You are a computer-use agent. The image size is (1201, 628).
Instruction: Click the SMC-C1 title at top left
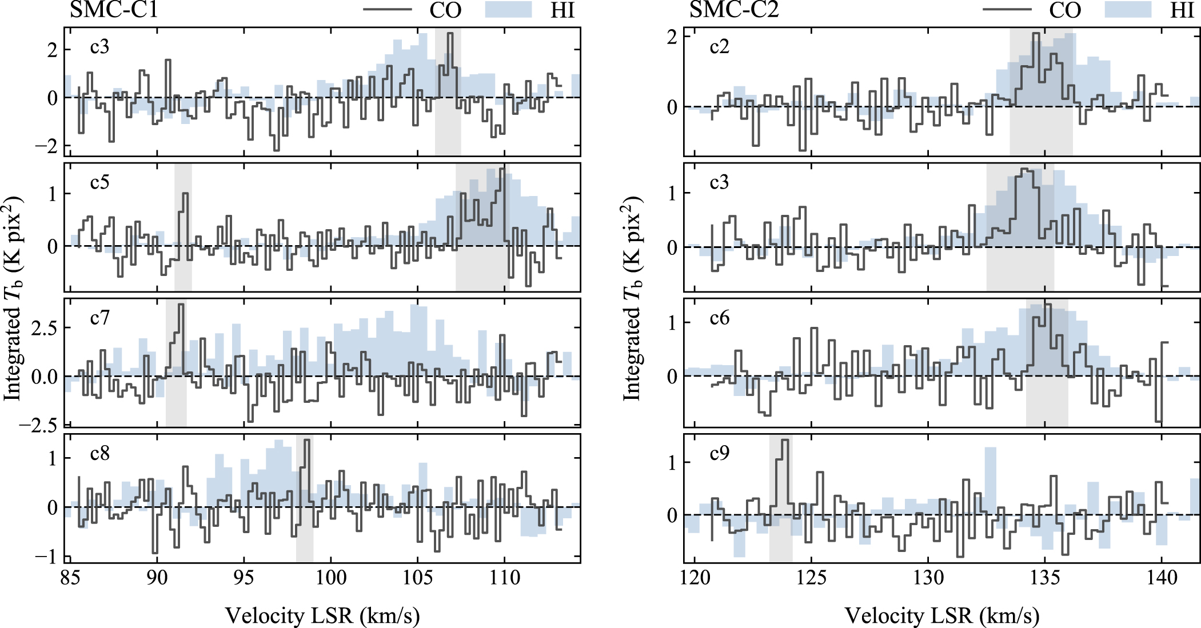(x=114, y=10)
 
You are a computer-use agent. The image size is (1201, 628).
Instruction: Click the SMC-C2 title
(x=734, y=10)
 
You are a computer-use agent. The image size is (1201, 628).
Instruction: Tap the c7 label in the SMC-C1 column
(x=99, y=318)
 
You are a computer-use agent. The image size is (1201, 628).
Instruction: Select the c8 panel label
(x=99, y=454)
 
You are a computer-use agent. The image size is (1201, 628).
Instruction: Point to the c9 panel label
(x=719, y=454)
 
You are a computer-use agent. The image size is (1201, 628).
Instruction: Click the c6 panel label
(x=719, y=318)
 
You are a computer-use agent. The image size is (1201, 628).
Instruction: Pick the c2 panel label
(x=719, y=46)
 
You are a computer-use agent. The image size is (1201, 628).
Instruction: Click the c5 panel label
(x=99, y=182)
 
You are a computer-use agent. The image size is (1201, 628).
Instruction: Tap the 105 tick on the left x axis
(x=417, y=578)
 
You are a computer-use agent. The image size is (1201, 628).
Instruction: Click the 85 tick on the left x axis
(x=70, y=578)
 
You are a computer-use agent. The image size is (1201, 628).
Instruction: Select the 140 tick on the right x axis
(x=1162, y=578)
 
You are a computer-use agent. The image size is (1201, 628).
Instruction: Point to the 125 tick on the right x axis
(x=811, y=578)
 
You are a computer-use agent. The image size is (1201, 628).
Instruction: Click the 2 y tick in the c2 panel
(x=672, y=37)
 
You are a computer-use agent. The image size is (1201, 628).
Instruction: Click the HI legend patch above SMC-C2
(x=1127, y=10)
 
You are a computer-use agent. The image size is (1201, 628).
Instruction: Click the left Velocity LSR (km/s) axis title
(x=322, y=616)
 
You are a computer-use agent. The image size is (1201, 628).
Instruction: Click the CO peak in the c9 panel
(x=784, y=440)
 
